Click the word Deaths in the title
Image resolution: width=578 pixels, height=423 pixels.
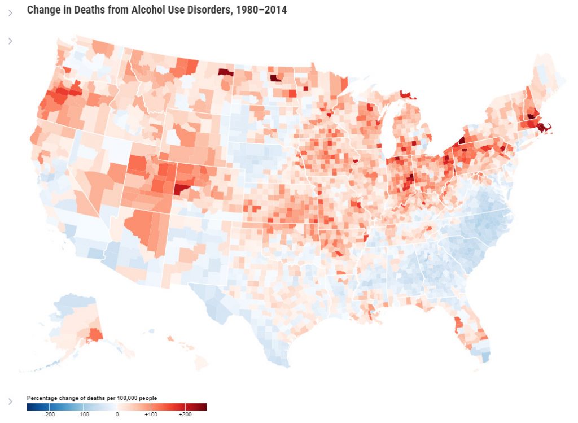(x=86, y=10)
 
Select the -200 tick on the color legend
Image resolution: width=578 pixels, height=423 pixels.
(x=49, y=414)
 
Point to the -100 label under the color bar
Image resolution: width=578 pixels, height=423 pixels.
(x=83, y=414)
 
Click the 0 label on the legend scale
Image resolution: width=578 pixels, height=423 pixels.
(x=117, y=414)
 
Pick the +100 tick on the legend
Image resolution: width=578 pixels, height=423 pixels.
(x=150, y=414)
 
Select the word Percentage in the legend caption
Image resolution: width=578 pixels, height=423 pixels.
(x=42, y=398)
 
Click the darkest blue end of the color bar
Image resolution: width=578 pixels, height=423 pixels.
(x=29, y=407)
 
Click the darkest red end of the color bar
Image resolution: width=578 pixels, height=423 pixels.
(x=204, y=407)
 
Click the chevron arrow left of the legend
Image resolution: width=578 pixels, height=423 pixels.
(x=10, y=401)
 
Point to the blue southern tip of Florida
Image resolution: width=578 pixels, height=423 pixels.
(x=484, y=356)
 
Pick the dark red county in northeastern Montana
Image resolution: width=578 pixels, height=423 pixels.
(x=225, y=72)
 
